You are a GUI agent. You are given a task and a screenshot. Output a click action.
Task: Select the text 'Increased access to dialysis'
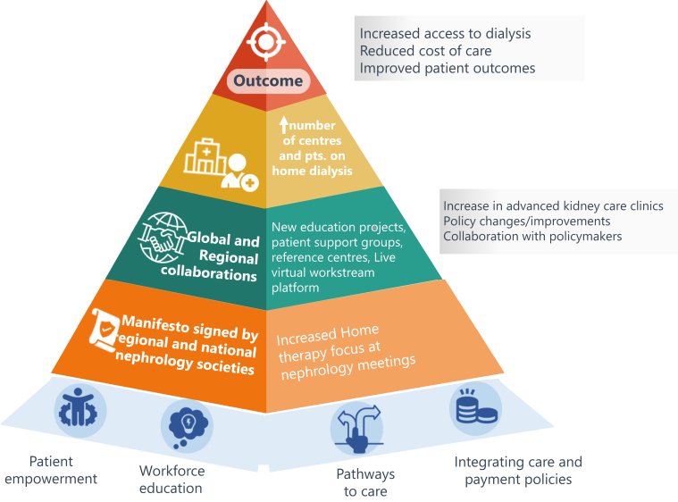[x=445, y=33]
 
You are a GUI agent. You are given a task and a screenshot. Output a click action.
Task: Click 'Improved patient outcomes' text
[x=447, y=69]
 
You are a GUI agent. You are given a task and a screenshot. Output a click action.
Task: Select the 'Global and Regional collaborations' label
[x=222, y=257]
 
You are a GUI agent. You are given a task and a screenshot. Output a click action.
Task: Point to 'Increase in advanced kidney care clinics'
[x=553, y=205]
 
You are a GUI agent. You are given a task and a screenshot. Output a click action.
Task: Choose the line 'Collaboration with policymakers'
[x=530, y=236]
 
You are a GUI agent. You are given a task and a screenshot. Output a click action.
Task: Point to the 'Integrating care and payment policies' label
[x=518, y=471]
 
